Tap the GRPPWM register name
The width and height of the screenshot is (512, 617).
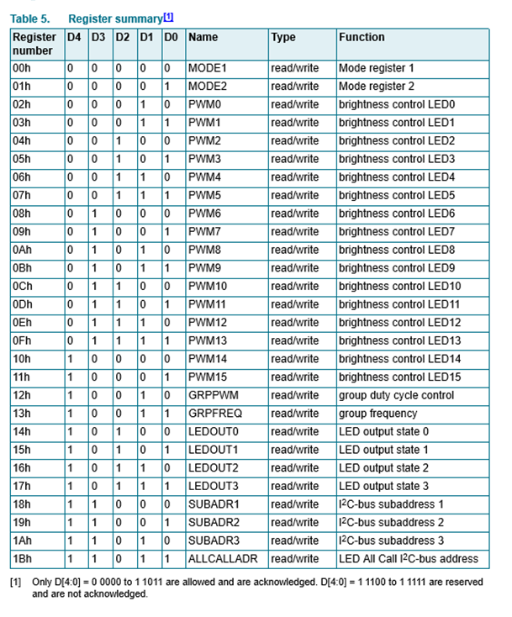pyautogui.click(x=212, y=395)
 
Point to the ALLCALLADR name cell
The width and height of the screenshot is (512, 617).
pyautogui.click(x=223, y=559)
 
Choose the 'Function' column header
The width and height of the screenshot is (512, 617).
pyautogui.click(x=362, y=38)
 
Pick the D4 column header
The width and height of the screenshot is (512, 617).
pyautogui.click(x=74, y=38)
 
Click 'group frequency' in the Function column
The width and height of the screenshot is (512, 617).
pyautogui.click(x=377, y=414)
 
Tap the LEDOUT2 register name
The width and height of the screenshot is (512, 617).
pyautogui.click(x=214, y=468)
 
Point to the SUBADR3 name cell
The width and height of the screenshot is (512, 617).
pyautogui.click(x=214, y=541)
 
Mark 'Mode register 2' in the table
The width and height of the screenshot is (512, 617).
pyautogui.click(x=376, y=87)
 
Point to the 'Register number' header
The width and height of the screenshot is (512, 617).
pyautogui.click(x=34, y=44)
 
